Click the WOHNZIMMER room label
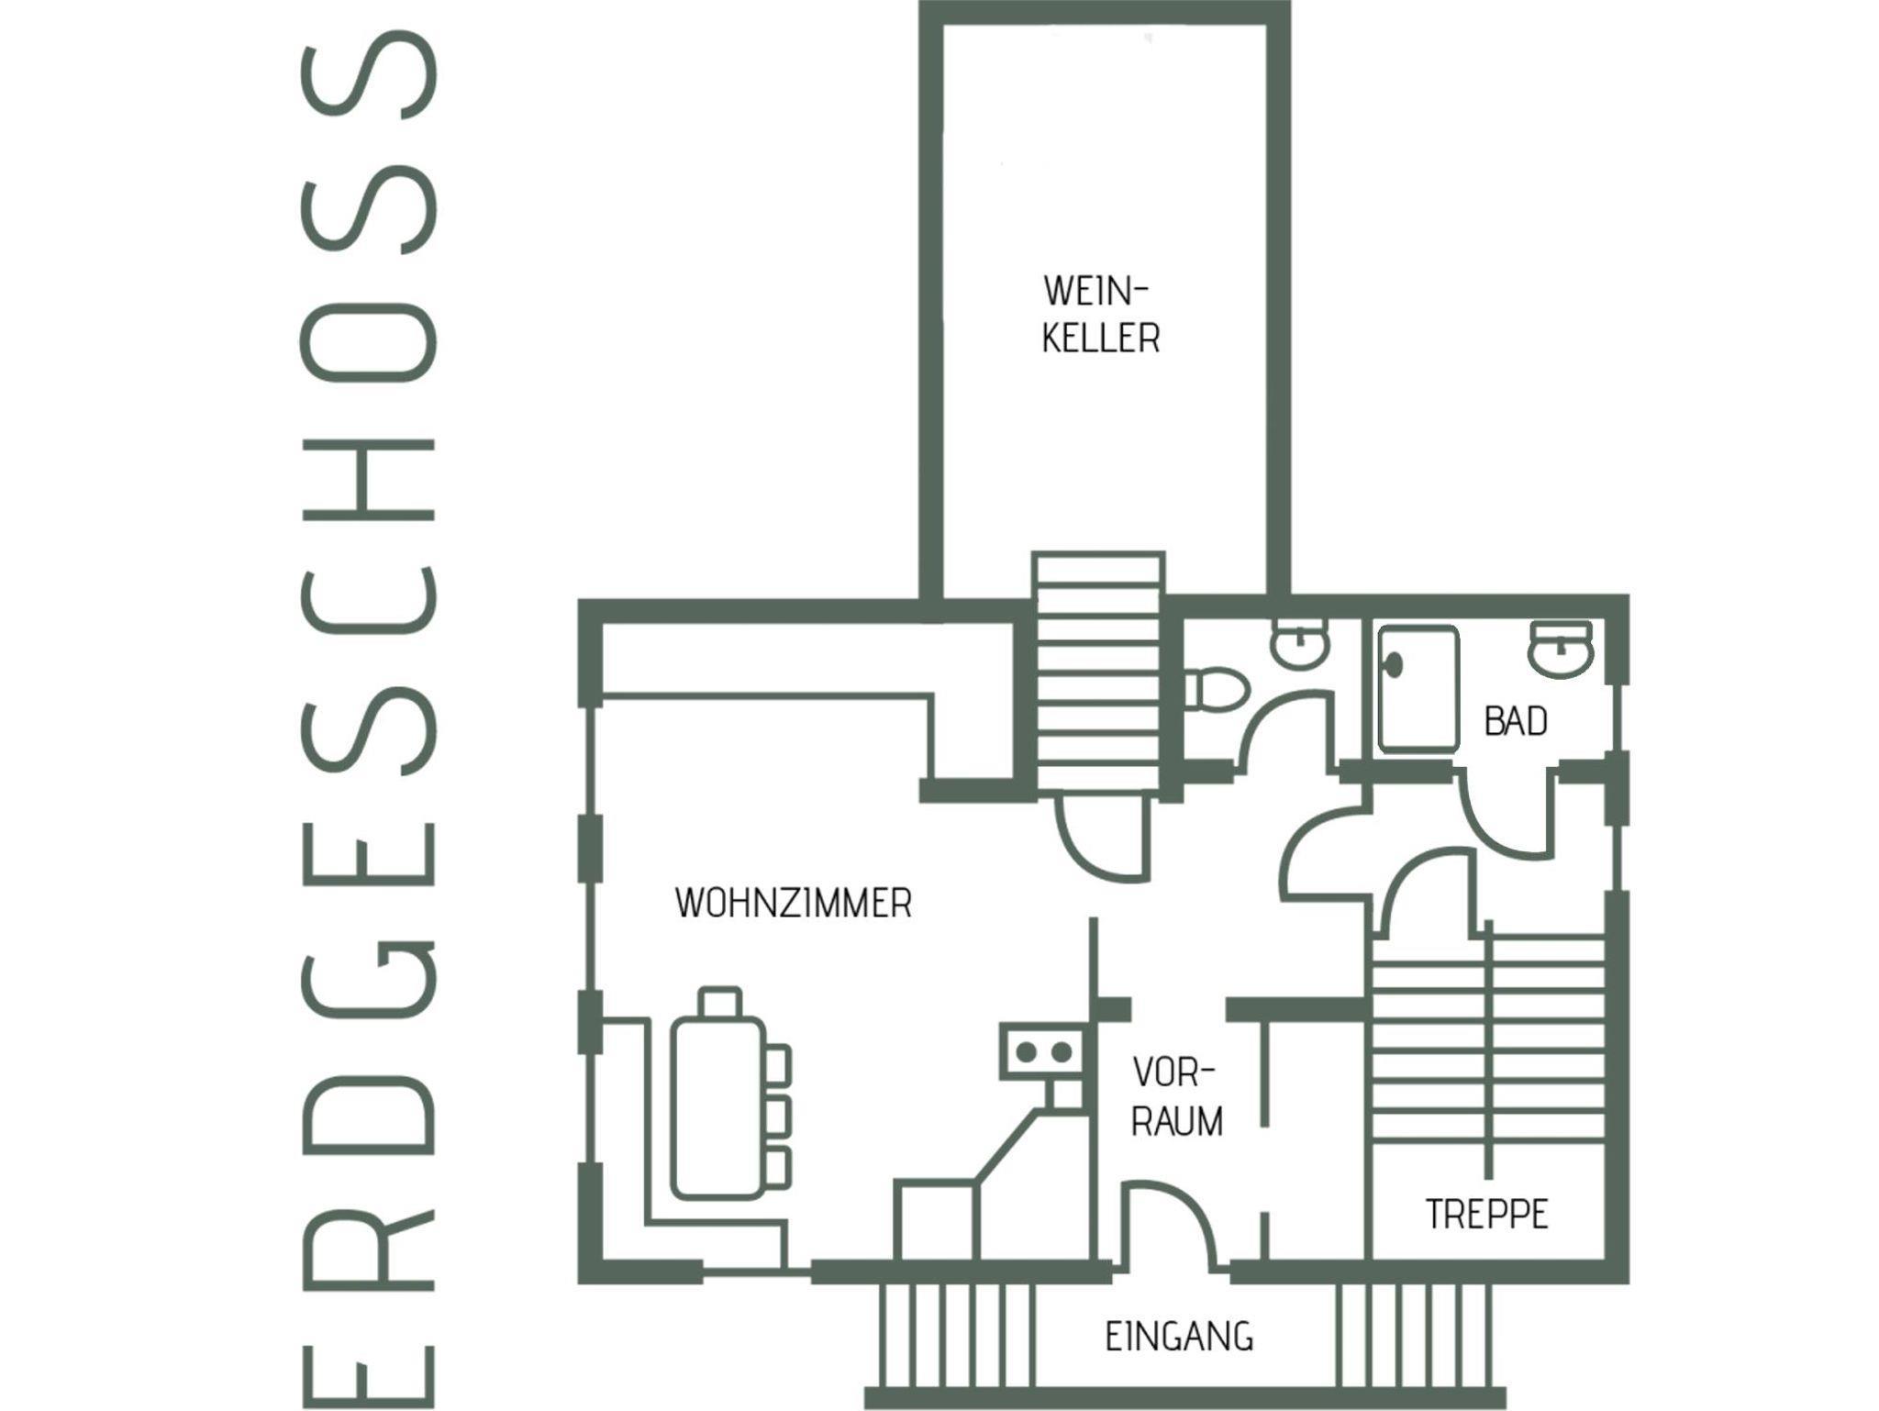[x=794, y=904]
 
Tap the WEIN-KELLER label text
[x=1099, y=315]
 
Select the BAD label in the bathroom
[x=1516, y=721]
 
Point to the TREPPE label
[x=1487, y=1214]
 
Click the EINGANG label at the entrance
[x=1179, y=1336]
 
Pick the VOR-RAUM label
[x=1176, y=1097]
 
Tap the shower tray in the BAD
[x=1417, y=690]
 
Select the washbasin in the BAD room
[x=1561, y=649]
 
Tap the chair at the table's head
[x=719, y=1002]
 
